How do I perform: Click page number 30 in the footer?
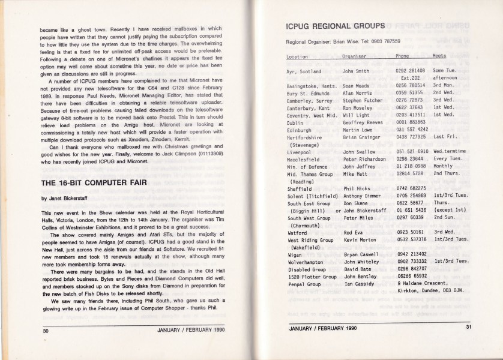44,330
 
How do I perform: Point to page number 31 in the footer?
468,327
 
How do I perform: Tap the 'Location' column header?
298,56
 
